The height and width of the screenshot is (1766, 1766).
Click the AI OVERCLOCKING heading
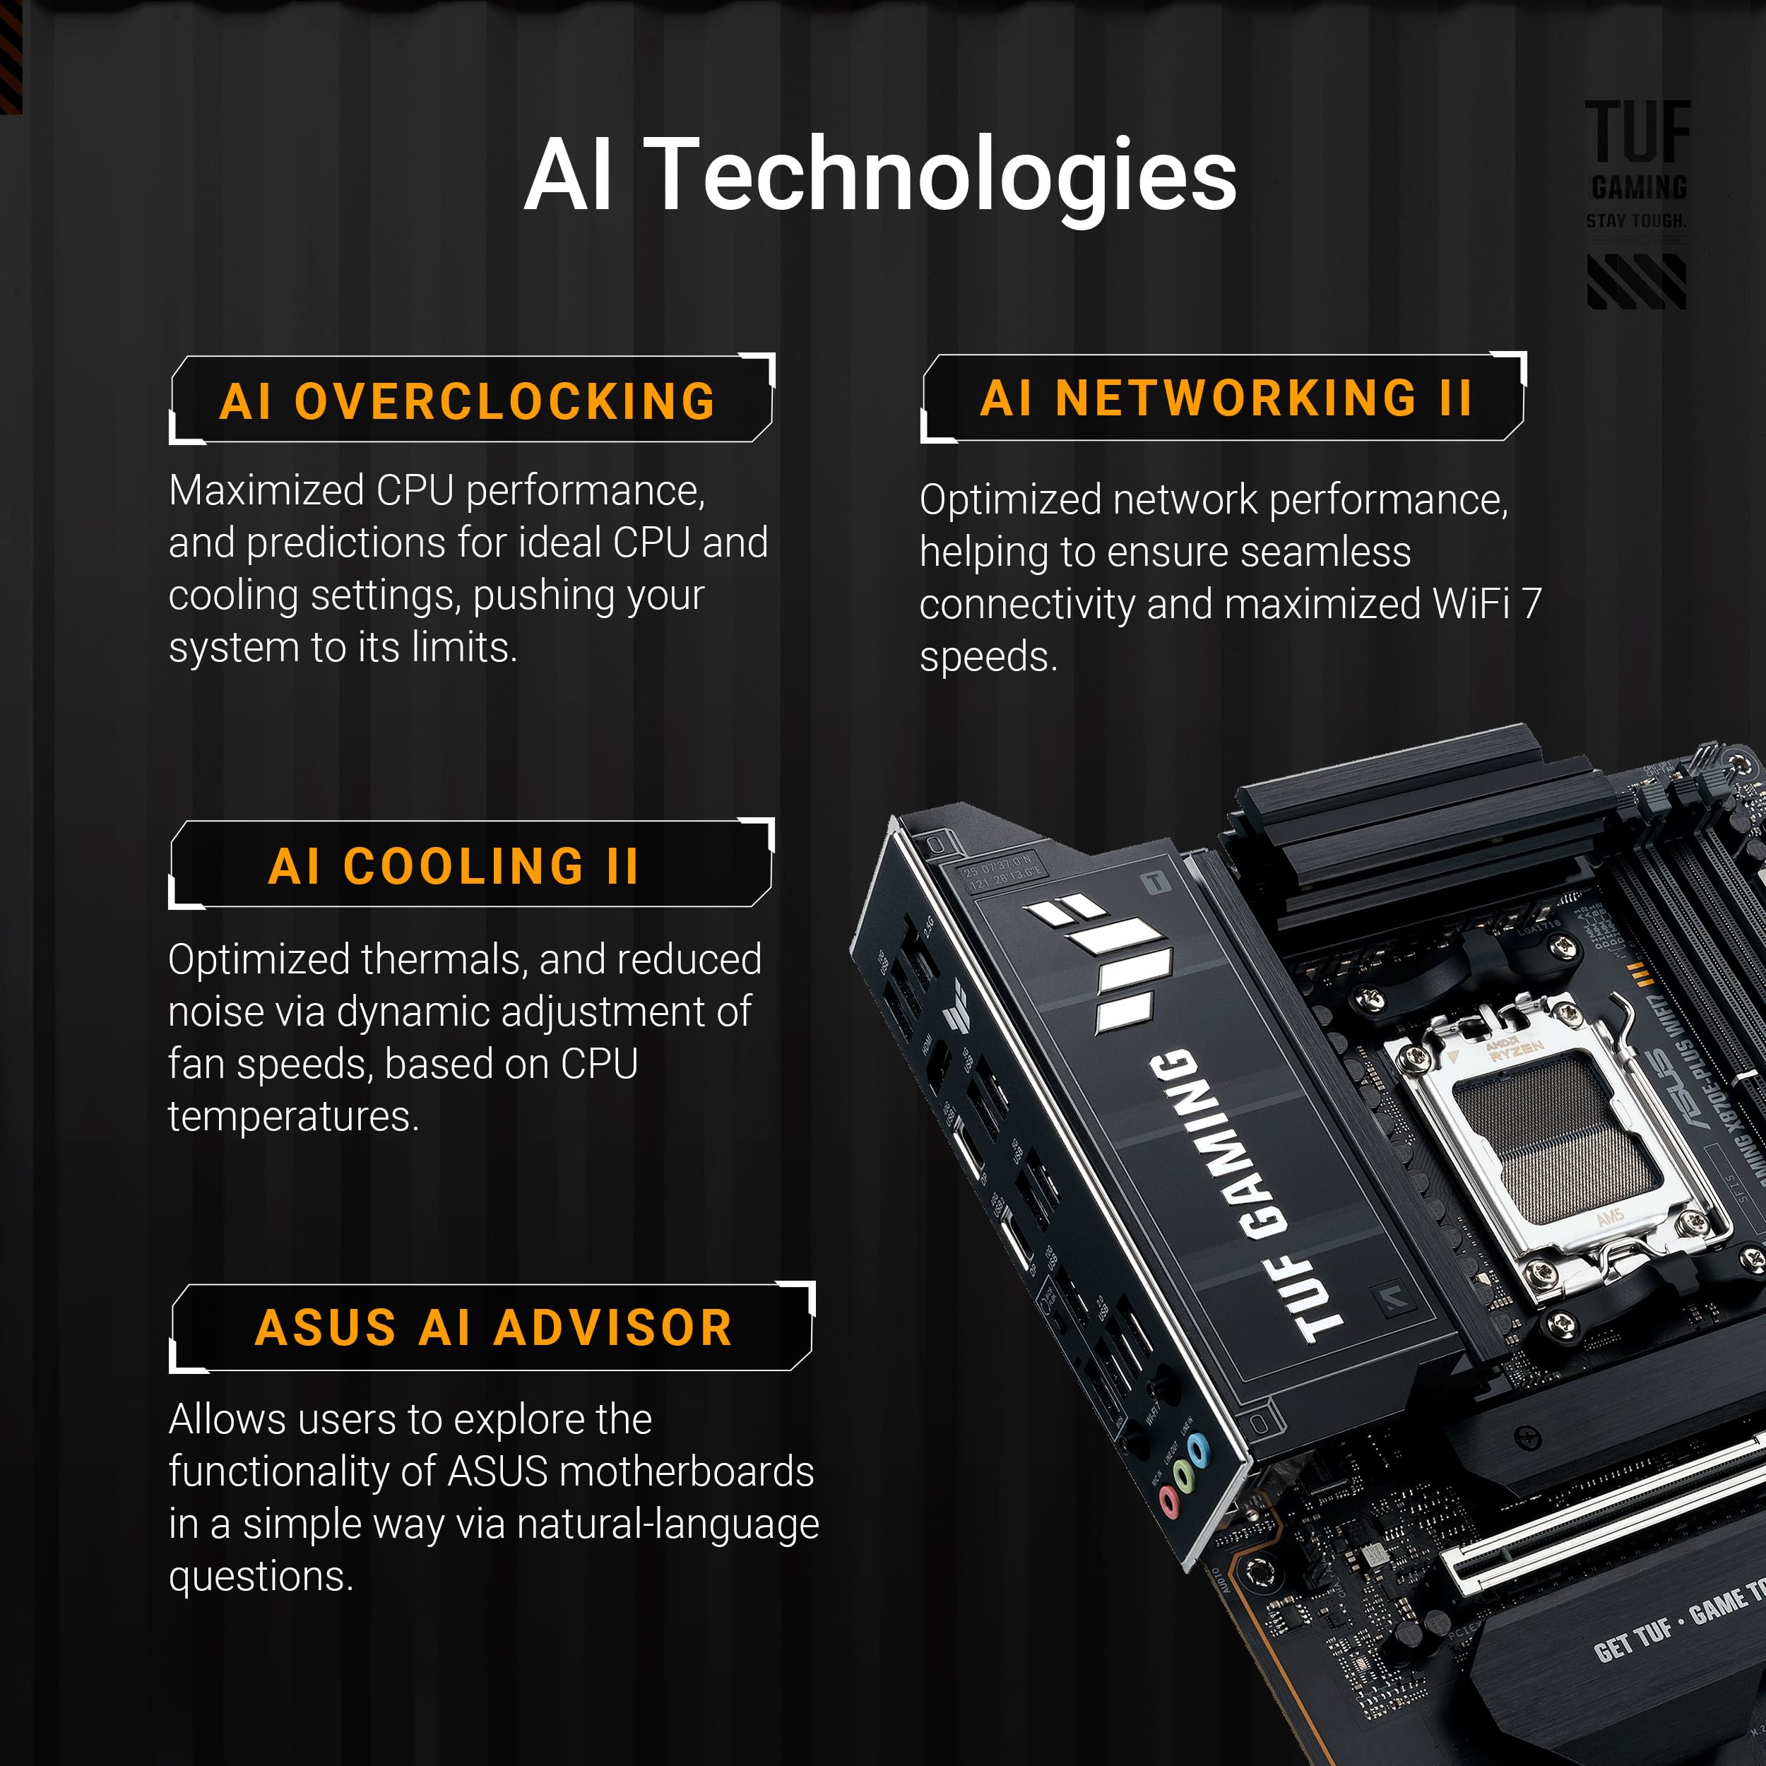(468, 401)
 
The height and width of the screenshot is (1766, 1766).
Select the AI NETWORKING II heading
(1225, 398)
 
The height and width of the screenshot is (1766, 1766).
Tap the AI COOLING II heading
(454, 865)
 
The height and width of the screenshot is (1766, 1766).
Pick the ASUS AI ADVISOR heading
(494, 1327)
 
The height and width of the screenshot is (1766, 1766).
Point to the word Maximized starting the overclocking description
(267, 492)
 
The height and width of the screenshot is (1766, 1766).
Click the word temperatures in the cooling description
(293, 1117)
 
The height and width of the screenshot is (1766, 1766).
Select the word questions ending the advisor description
(261, 1576)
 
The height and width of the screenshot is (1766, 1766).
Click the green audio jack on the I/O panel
(1185, 1474)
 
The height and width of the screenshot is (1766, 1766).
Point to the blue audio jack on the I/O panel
(1198, 1450)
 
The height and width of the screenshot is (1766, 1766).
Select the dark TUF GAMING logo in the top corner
(1637, 151)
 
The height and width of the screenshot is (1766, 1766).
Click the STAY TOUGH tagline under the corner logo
(1635, 221)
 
